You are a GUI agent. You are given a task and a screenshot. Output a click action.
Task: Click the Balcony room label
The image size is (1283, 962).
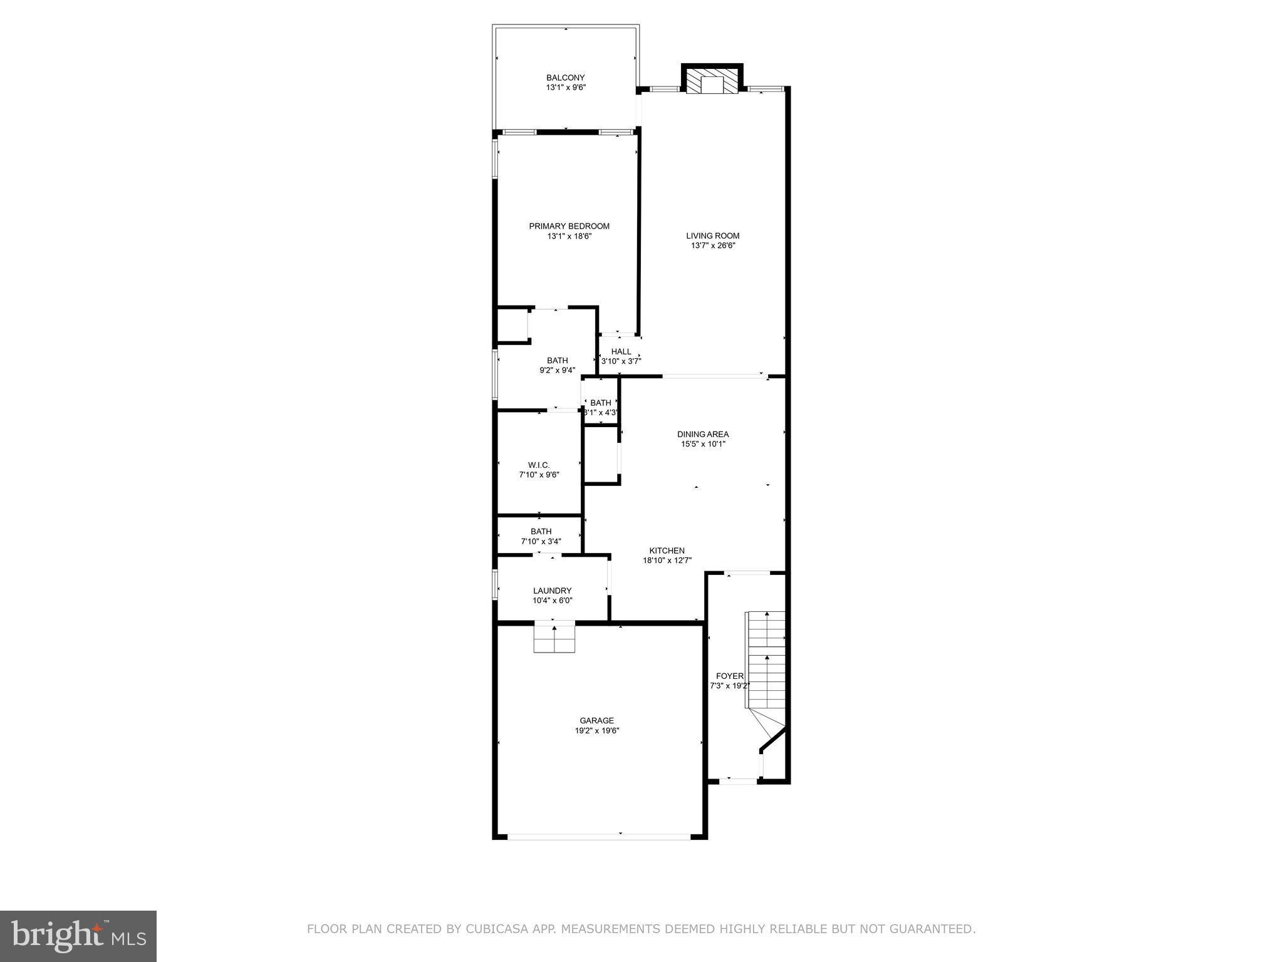click(565, 78)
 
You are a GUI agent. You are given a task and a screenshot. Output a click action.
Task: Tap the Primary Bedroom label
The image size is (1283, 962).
click(569, 226)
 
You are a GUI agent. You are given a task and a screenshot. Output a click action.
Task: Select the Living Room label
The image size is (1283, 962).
click(712, 236)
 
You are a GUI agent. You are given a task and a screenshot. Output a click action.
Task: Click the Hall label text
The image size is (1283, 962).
click(621, 352)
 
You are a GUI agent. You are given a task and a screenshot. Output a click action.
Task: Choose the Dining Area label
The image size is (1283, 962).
click(703, 434)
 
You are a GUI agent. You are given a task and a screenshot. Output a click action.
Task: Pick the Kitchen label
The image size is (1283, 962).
click(667, 551)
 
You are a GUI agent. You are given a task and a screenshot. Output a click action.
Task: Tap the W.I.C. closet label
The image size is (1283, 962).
click(539, 465)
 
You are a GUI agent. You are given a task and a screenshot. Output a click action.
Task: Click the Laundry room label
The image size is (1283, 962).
click(552, 591)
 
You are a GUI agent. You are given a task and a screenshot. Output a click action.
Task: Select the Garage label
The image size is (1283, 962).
click(596, 720)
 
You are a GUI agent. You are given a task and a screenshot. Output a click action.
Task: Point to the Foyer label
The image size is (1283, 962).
click(729, 676)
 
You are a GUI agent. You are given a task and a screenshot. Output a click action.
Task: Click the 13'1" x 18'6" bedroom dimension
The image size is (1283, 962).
click(569, 236)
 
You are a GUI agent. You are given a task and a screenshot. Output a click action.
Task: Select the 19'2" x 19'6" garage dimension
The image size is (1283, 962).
click(597, 730)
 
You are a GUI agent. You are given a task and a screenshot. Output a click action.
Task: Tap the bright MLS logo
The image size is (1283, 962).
click(78, 936)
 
